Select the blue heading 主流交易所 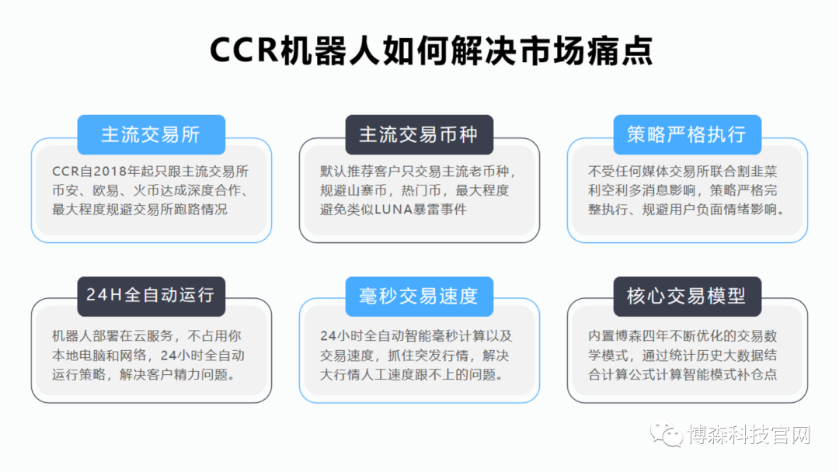pos(151,134)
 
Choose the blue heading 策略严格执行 pos(687,134)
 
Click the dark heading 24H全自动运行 pos(151,296)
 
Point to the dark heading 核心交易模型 pos(687,296)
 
